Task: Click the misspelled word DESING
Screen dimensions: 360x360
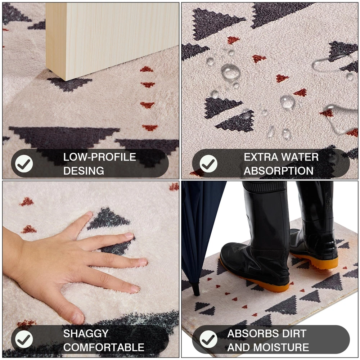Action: [84, 171]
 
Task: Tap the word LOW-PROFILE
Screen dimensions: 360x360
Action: [100, 157]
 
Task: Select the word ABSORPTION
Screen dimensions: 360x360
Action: [279, 171]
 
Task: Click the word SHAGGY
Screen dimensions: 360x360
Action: [86, 334]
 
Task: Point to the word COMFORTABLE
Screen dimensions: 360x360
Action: [104, 347]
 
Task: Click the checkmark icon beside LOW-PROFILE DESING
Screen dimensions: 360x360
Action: [24, 164]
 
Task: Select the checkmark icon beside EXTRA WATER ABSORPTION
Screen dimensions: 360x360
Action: [208, 164]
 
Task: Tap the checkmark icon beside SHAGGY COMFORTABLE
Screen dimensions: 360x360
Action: [24, 339]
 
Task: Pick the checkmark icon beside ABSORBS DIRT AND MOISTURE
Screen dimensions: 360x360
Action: [208, 339]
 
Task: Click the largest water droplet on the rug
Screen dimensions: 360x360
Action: [230, 72]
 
